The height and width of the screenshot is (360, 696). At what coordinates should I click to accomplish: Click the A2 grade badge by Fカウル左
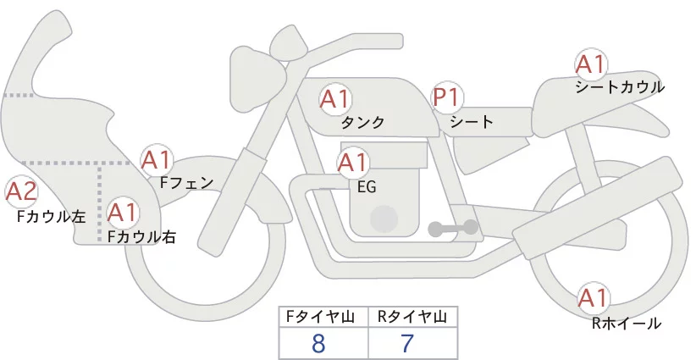[x=21, y=191]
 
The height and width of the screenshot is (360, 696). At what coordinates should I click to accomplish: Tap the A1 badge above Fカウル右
[x=123, y=211]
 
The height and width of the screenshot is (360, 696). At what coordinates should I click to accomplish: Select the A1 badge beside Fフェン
[x=157, y=158]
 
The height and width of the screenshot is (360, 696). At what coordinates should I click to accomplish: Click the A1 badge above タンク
[x=334, y=98]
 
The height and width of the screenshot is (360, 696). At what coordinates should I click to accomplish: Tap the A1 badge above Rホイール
[x=593, y=297]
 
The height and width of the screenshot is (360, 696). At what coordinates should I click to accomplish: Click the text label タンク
[x=362, y=123]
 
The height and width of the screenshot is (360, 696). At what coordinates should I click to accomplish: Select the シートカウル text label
[x=619, y=87]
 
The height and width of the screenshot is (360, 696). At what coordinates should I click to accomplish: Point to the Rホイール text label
[x=627, y=323]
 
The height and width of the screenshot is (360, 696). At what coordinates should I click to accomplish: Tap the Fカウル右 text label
[x=141, y=237]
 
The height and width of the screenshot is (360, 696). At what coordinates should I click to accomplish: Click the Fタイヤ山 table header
[x=323, y=317]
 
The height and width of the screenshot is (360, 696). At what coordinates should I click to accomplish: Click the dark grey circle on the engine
[x=385, y=219]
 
